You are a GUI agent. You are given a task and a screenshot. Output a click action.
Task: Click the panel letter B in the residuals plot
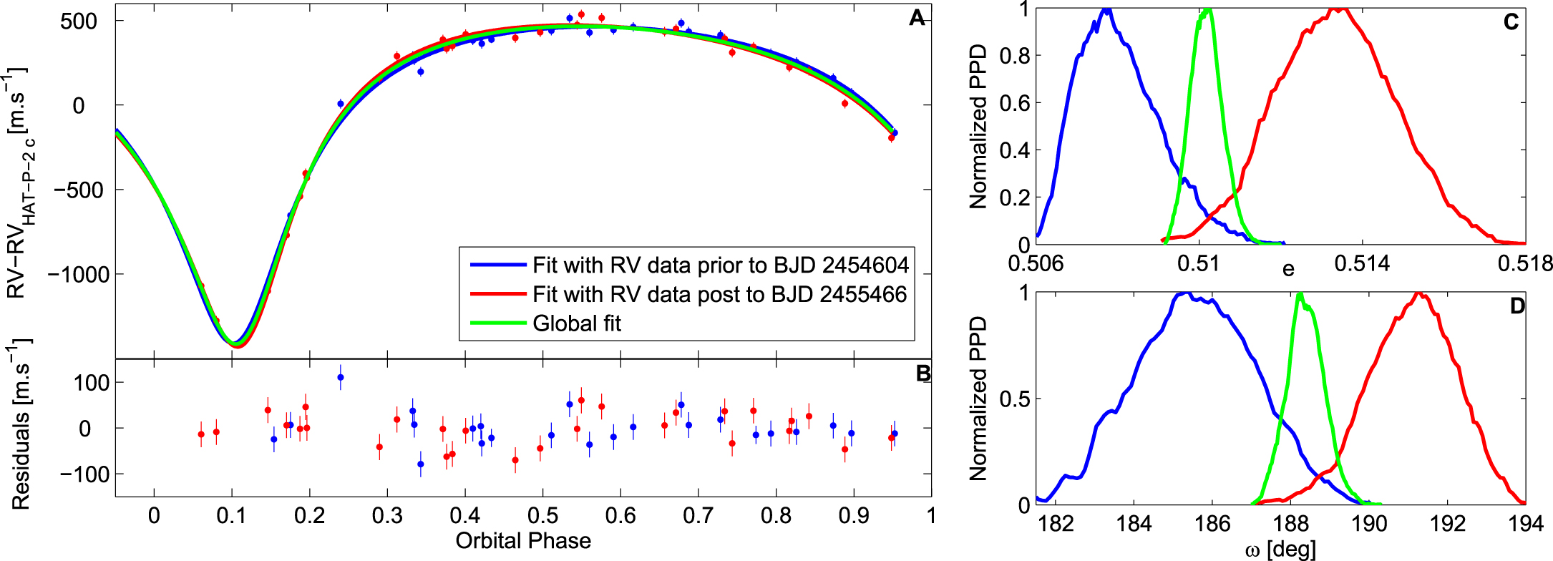923,373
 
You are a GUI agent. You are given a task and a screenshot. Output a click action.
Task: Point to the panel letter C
1511,22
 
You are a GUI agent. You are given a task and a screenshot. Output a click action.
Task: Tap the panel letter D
1517,306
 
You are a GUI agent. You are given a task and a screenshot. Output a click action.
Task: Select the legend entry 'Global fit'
576,323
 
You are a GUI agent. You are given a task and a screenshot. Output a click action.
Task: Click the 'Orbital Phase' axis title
523,541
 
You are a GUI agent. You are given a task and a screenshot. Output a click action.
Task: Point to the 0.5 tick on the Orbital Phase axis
542,515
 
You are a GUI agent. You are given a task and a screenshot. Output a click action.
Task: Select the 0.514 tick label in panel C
1362,263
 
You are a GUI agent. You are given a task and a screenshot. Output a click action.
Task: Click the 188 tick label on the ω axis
1291,524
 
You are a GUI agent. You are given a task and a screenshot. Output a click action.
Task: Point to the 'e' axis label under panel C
1288,269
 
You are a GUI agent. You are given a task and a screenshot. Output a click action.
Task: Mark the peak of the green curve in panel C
1208,9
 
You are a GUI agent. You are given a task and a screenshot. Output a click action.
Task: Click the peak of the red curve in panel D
1417,293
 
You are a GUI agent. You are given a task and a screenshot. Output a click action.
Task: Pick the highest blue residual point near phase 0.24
341,377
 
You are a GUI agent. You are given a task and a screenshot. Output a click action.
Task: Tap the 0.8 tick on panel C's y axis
1009,56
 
